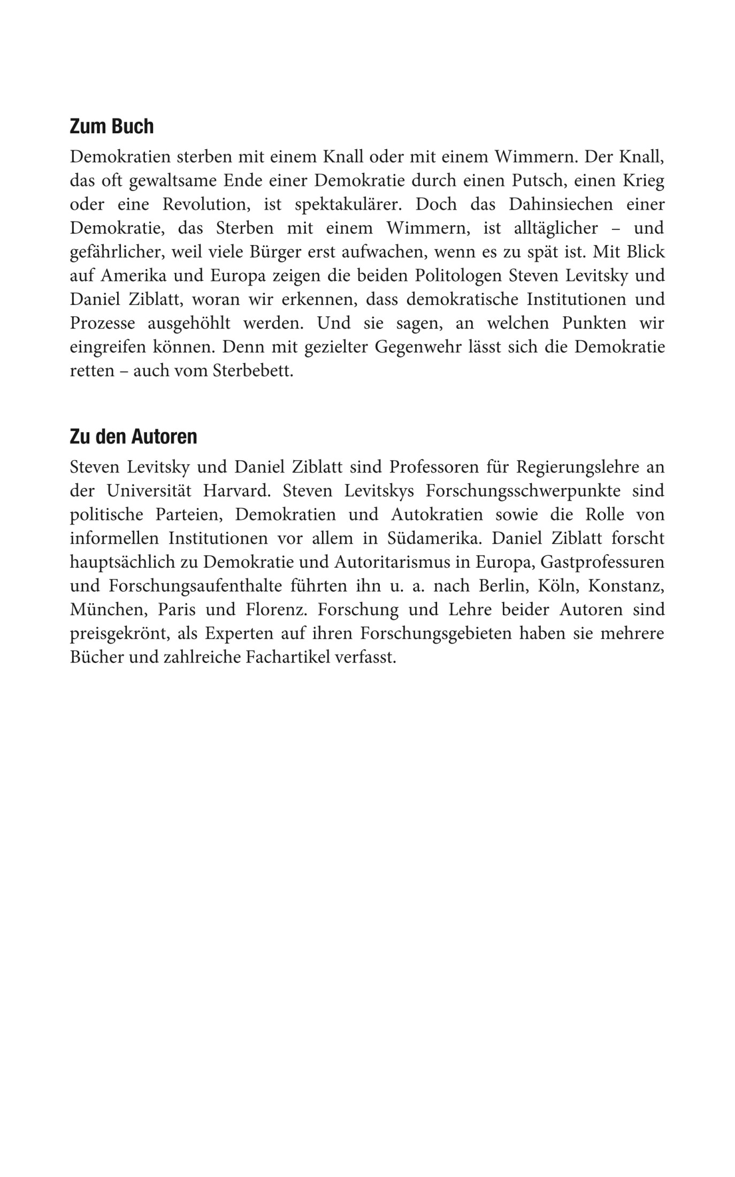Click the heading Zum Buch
click(111, 127)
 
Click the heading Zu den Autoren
click(133, 437)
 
